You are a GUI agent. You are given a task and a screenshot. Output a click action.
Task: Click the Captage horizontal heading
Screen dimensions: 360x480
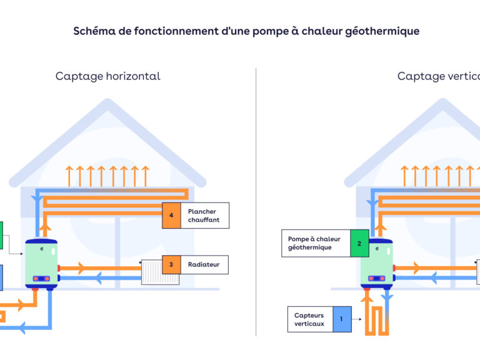[x=107, y=76]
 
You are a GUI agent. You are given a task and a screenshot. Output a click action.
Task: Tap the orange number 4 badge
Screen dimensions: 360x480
[x=171, y=216]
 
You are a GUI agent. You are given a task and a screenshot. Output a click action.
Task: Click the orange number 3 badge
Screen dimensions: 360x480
[x=171, y=265]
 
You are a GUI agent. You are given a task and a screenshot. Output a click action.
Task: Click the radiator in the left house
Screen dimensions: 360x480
[x=160, y=272]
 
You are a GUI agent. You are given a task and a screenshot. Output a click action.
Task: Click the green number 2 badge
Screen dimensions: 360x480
[x=359, y=243]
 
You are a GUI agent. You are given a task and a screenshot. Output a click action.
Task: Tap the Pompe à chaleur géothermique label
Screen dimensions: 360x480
[x=314, y=243]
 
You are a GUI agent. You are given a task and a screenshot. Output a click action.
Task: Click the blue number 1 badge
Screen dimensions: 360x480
[x=342, y=319]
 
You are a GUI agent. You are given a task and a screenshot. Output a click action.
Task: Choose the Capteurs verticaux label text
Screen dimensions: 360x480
[x=309, y=319]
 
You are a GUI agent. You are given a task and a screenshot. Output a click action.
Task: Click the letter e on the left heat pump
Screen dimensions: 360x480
[x=42, y=249]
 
